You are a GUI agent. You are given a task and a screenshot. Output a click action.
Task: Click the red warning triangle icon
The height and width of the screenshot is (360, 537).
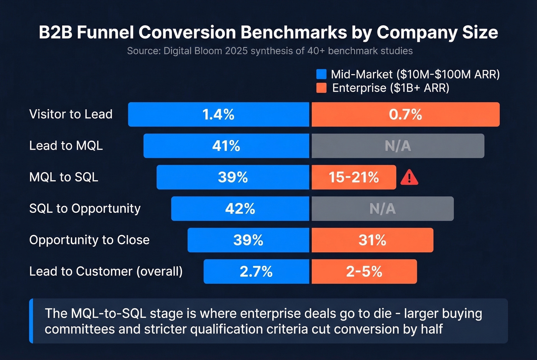pos(409,178)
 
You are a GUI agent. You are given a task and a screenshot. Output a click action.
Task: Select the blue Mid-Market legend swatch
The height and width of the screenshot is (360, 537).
pos(321,74)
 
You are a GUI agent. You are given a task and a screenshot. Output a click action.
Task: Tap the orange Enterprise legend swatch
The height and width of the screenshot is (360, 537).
pos(321,88)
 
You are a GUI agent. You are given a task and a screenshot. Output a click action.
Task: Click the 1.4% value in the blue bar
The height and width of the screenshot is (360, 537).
pos(218,115)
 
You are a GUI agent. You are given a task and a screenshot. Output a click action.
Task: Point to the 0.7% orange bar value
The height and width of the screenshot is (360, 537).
pos(405,115)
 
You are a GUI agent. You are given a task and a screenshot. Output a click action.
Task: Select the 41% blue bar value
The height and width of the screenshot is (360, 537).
pos(226,146)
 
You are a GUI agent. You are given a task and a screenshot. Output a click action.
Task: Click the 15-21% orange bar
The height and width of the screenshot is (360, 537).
pos(354,178)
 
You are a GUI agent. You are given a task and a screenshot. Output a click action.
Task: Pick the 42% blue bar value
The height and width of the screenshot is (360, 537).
pos(240,209)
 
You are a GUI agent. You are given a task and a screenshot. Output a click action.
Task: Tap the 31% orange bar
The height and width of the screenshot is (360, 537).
pos(372,240)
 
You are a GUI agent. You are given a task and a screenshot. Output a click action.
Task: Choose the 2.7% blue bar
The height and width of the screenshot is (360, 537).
pos(256,272)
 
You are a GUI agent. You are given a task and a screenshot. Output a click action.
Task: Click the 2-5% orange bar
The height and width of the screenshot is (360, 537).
pos(364,272)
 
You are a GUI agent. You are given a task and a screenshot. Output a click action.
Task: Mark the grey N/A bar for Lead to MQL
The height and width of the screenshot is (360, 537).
pos(398,146)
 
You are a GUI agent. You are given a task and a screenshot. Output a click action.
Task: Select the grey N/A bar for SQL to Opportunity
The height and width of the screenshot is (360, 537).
pos(382,209)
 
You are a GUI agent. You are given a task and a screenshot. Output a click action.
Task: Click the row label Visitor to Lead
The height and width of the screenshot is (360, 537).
pos(71,114)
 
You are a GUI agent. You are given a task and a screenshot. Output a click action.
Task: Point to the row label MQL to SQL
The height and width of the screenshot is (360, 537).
pos(64,177)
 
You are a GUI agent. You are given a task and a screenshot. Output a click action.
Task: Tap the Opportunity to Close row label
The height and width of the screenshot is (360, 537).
pos(89,240)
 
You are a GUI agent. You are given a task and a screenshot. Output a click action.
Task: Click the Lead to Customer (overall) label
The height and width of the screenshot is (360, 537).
pos(106,271)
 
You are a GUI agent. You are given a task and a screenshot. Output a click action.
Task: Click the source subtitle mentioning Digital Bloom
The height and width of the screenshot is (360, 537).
pos(270,51)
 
